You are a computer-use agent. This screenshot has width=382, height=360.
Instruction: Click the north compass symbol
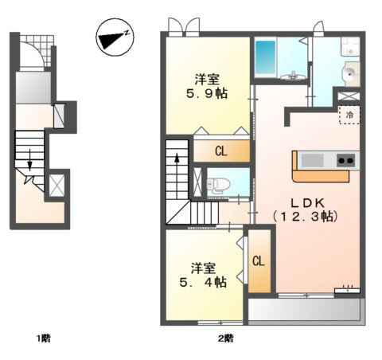click(x=115, y=37)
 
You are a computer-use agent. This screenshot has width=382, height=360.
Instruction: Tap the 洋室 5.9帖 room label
click(x=207, y=87)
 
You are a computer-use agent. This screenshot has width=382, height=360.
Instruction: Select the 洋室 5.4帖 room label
click(x=203, y=275)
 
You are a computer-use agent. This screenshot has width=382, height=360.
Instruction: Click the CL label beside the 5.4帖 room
click(x=259, y=261)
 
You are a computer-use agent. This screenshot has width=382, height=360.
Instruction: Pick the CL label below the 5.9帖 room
click(x=221, y=151)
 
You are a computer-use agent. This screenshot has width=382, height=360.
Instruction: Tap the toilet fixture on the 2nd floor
click(x=218, y=184)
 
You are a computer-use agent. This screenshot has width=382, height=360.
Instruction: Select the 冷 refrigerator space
click(x=349, y=115)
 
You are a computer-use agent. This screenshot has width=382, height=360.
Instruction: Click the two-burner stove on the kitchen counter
click(x=346, y=160)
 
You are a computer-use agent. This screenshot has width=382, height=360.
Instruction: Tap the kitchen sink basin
click(x=313, y=160)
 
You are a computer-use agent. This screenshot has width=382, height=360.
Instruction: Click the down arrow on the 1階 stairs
click(x=29, y=160)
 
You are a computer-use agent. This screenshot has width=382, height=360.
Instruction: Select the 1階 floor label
click(x=44, y=338)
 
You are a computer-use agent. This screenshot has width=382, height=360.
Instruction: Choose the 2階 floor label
click(x=226, y=338)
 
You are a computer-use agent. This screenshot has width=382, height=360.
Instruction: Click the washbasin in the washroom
click(x=350, y=73)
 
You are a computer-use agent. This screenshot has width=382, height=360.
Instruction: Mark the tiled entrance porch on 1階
click(x=37, y=51)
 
